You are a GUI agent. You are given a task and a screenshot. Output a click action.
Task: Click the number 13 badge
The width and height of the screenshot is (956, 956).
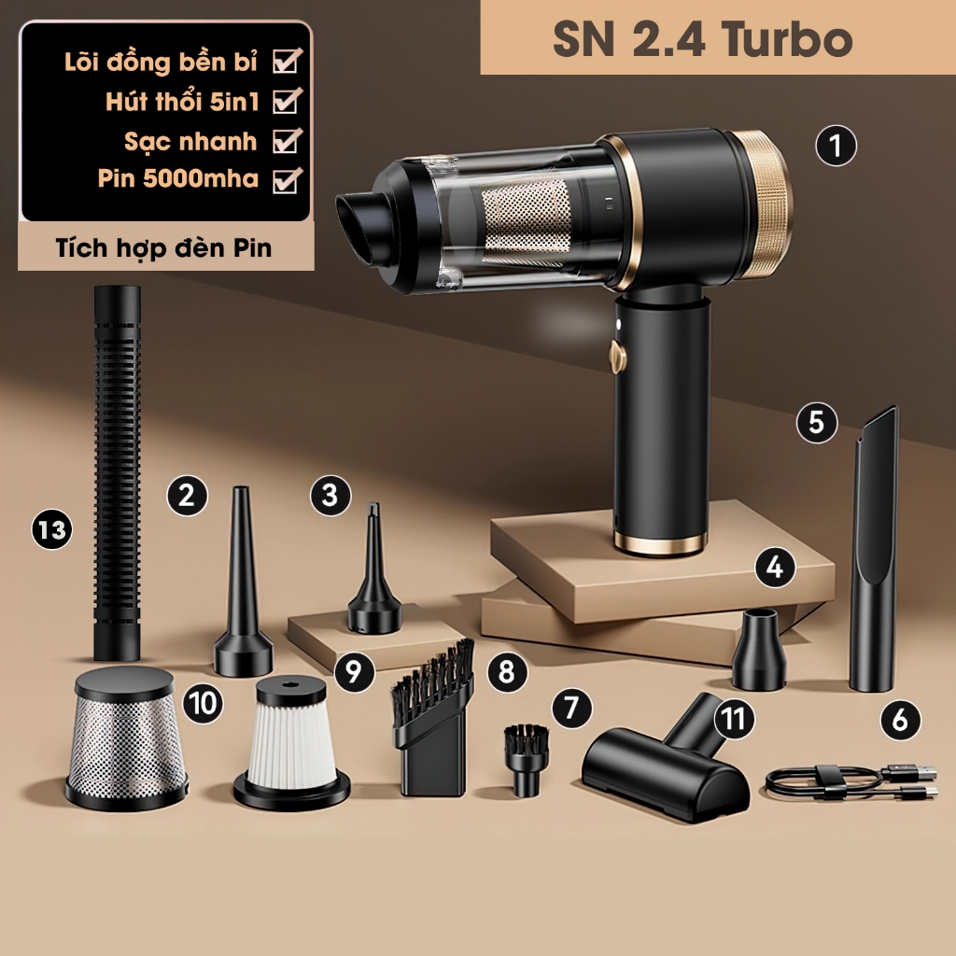point(52,529)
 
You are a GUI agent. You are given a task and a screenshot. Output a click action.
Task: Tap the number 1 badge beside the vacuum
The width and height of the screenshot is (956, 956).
point(836,146)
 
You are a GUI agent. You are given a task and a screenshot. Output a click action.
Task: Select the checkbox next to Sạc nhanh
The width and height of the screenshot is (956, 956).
point(287,141)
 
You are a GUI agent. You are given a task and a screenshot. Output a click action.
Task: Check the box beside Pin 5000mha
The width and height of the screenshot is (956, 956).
point(287,180)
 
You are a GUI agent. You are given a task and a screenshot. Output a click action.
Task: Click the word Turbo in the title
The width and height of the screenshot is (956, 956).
point(787,39)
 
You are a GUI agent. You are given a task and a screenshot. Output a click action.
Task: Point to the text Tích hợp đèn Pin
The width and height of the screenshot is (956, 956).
point(163,248)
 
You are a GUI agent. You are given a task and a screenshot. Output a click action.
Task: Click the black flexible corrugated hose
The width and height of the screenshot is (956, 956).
point(117,473)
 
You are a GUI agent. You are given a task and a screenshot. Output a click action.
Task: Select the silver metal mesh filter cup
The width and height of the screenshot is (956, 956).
point(126,738)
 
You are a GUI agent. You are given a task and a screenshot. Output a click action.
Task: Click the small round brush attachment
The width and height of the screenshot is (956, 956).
point(527,758)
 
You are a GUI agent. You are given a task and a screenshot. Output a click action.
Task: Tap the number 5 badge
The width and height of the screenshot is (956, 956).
point(817,423)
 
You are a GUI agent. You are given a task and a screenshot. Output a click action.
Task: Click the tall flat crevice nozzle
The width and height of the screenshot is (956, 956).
point(874,549)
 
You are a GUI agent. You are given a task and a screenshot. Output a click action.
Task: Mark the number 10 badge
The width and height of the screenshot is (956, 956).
point(203,703)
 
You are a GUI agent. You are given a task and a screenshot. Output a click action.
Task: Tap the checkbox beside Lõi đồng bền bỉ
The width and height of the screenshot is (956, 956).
point(287,62)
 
